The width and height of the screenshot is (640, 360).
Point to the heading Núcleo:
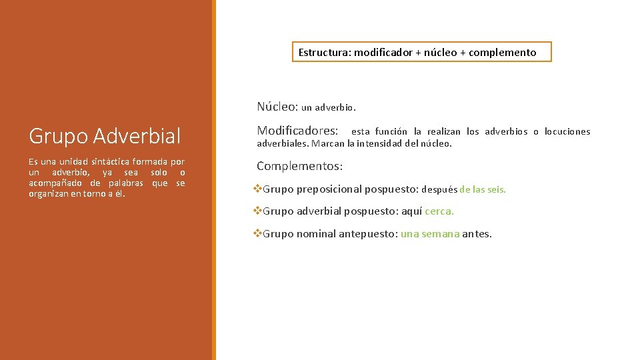[277, 106]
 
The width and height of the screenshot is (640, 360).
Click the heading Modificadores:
[297, 131]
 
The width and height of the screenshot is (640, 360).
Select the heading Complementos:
[299, 166]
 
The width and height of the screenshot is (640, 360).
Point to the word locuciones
[567, 131]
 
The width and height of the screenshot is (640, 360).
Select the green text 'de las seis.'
[483, 189]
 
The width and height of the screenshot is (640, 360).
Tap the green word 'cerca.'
[439, 211]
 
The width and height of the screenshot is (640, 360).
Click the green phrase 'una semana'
[430, 234]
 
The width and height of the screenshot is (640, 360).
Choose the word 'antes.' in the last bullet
[477, 234]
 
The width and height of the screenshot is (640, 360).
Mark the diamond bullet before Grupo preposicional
[258, 189]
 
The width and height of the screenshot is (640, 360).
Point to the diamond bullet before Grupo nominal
[258, 234]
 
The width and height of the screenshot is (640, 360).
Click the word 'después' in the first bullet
[439, 189]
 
